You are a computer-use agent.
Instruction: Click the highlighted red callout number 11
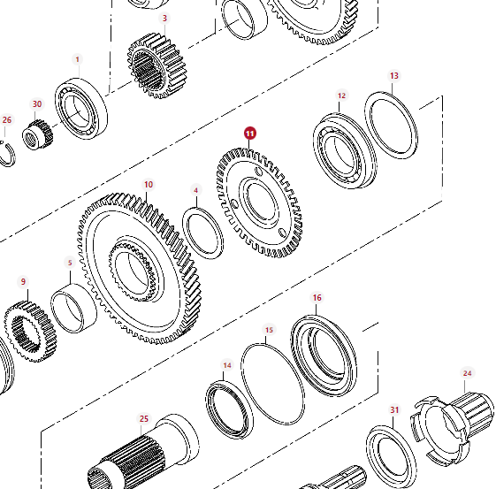click(x=250, y=134)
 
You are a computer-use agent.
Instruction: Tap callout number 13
click(x=394, y=76)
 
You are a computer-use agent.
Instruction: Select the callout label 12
click(x=341, y=96)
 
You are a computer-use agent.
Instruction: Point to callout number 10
click(x=149, y=185)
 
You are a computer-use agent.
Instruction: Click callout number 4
click(x=196, y=190)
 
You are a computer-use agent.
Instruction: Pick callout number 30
click(x=37, y=104)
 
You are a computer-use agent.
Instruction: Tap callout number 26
click(x=7, y=120)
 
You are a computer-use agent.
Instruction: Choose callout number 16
click(x=317, y=298)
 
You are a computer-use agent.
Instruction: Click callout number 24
click(x=467, y=373)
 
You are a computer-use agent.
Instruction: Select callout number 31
click(x=394, y=410)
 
